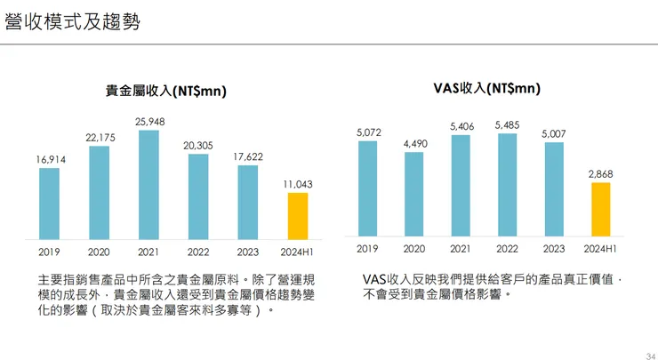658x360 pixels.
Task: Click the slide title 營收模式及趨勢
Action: click(x=72, y=22)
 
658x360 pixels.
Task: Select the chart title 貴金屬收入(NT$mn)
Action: click(x=166, y=90)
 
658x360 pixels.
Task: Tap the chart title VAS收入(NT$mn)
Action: click(x=486, y=88)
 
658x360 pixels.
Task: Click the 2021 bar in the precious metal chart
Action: click(x=148, y=185)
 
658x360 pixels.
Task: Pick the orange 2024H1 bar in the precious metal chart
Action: click(x=297, y=216)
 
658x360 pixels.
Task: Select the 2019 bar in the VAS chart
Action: click(x=367, y=188)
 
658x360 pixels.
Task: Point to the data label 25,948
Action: click(x=148, y=121)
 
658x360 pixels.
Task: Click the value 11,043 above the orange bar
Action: click(x=297, y=184)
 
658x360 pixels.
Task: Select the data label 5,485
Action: click(x=507, y=125)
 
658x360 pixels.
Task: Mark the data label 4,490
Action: click(x=414, y=143)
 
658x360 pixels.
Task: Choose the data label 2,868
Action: click(x=600, y=174)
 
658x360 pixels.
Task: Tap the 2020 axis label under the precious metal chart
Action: click(x=99, y=252)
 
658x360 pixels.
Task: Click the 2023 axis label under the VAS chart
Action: click(x=553, y=249)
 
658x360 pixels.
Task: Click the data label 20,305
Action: click(x=198, y=145)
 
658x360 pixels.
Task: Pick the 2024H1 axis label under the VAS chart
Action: click(x=600, y=249)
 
